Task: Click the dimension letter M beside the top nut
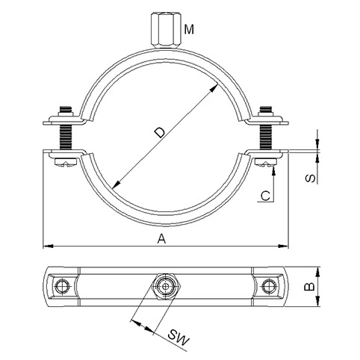[189, 29]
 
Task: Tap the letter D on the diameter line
[160, 132]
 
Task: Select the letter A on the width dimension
[161, 239]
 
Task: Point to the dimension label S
[311, 179]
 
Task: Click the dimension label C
[265, 196]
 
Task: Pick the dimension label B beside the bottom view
[309, 287]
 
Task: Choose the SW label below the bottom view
[178, 338]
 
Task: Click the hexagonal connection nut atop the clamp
[165, 31]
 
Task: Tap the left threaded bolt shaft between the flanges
[66, 137]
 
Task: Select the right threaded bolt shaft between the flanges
[266, 137]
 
